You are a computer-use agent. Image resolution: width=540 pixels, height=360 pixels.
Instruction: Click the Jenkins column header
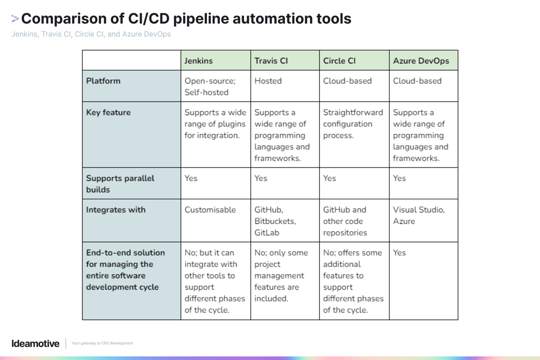[199, 61]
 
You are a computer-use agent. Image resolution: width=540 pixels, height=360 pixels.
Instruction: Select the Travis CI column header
[271, 61]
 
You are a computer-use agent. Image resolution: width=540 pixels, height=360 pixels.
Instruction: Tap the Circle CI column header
[339, 61]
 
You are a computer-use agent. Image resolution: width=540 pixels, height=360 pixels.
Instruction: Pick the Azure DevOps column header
[421, 61]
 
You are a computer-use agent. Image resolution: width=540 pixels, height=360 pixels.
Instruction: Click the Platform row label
[103, 81]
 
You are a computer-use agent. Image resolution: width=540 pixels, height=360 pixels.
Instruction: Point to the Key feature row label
[108, 113]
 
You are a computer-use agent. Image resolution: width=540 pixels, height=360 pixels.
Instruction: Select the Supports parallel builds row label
[120, 184]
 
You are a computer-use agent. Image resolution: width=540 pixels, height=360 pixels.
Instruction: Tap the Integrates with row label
[115, 210]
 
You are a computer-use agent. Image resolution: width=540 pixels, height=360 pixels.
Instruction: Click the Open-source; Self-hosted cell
[210, 86]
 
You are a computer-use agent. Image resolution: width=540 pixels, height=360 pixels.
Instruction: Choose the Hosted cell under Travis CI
[268, 81]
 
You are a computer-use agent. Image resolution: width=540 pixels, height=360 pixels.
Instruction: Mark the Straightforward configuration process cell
[353, 124]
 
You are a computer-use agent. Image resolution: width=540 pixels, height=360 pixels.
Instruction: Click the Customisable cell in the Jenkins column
[210, 210]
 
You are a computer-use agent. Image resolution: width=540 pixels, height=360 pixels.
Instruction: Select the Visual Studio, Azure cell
[418, 216]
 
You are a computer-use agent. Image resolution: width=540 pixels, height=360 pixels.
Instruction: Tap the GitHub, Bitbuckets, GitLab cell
[275, 221]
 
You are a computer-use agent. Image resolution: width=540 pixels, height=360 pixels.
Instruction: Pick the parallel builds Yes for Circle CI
[329, 178]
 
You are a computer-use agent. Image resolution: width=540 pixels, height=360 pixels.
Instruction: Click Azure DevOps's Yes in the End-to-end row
[399, 253]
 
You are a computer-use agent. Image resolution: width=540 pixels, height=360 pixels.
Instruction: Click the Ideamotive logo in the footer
[35, 343]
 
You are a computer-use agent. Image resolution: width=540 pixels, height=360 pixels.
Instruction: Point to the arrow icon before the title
[15, 19]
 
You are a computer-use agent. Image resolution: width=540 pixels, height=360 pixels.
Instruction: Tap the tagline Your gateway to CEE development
[102, 343]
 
